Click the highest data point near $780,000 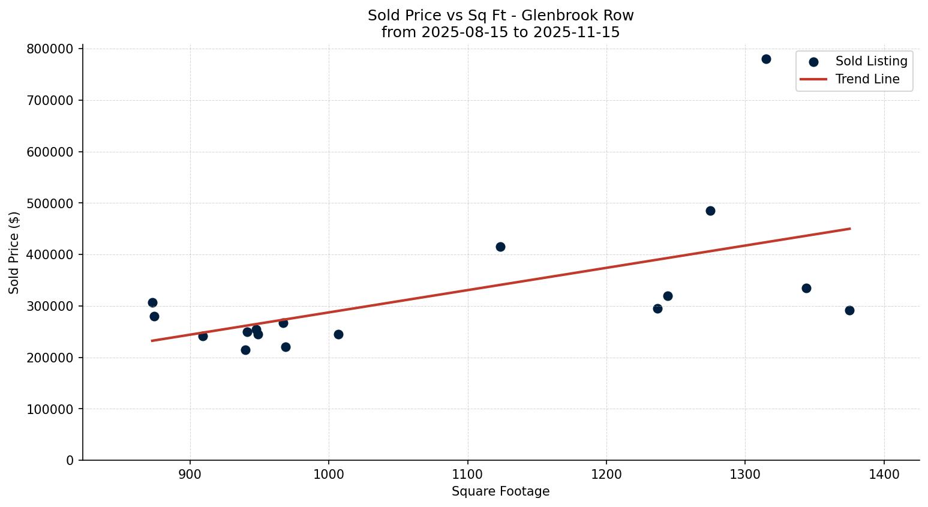pyautogui.click(x=766, y=59)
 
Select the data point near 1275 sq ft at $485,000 pyautogui.click(x=710, y=211)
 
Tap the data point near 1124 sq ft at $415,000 pyautogui.click(x=500, y=247)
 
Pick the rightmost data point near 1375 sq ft pyautogui.click(x=849, y=310)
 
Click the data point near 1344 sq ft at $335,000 pyautogui.click(x=806, y=288)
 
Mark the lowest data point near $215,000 pyautogui.click(x=245, y=350)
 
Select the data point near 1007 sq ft pyautogui.click(x=338, y=334)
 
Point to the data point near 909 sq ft pyautogui.click(x=203, y=336)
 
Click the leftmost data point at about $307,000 pyautogui.click(x=152, y=302)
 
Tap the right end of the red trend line pyautogui.click(x=850, y=229)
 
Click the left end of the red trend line pyautogui.click(x=152, y=341)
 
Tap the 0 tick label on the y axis pyautogui.click(x=70, y=461)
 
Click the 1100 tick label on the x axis pyautogui.click(x=468, y=474)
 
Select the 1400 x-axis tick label pyautogui.click(x=884, y=474)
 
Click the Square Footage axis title pyautogui.click(x=500, y=492)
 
